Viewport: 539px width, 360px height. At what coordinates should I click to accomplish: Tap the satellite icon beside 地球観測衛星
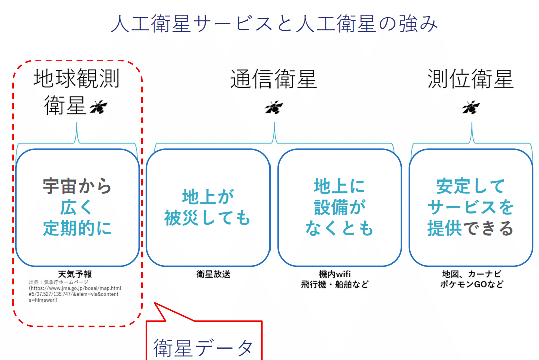99,107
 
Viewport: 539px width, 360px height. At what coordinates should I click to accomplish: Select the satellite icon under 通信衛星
274,107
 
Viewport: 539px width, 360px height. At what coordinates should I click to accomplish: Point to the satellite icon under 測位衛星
471,107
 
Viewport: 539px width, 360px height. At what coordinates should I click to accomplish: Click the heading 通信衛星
274,79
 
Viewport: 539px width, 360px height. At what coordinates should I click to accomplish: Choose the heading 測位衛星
471,79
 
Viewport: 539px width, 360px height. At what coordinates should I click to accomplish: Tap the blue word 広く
77,207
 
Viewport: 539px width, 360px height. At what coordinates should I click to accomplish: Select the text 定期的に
77,228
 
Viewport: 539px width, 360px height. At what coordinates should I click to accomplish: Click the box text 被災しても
207,218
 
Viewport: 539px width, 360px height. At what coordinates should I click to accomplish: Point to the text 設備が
340,207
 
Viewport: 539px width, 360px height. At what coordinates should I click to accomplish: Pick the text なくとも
340,228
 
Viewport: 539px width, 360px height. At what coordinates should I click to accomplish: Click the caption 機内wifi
334,274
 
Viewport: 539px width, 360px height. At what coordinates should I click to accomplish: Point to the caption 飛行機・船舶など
334,284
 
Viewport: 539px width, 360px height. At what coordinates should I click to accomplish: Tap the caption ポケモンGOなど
471,284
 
